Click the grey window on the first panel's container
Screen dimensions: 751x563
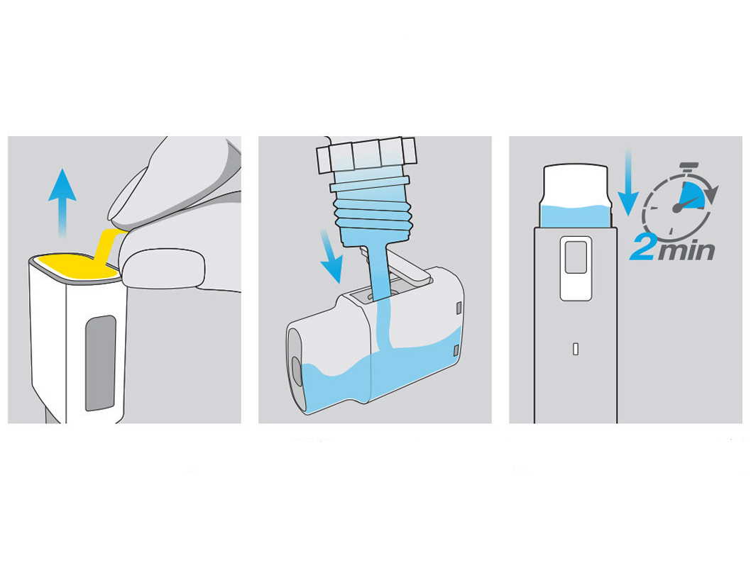point(101,363)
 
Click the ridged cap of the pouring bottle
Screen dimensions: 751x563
point(366,155)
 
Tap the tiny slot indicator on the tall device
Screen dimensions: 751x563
point(576,349)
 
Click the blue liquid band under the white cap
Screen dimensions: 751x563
point(576,216)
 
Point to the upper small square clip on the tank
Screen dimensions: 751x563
point(459,308)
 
